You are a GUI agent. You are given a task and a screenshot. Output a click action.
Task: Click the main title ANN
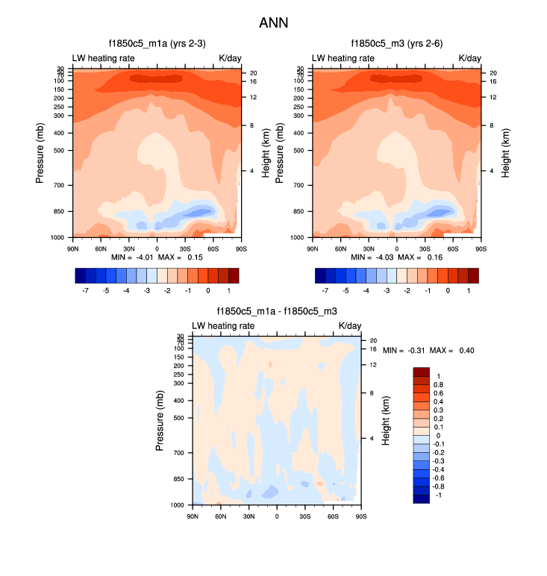click(x=273, y=23)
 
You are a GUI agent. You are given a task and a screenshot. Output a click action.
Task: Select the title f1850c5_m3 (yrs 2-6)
click(x=396, y=44)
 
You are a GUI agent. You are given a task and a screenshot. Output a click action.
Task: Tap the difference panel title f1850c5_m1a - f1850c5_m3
click(x=277, y=312)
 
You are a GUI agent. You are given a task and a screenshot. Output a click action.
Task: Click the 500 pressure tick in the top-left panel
click(x=58, y=150)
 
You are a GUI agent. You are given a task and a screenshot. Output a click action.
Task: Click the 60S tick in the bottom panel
click(x=333, y=516)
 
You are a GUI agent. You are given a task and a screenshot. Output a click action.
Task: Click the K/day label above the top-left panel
click(x=229, y=58)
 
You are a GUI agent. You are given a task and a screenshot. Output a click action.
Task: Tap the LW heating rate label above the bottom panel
click(x=224, y=326)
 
